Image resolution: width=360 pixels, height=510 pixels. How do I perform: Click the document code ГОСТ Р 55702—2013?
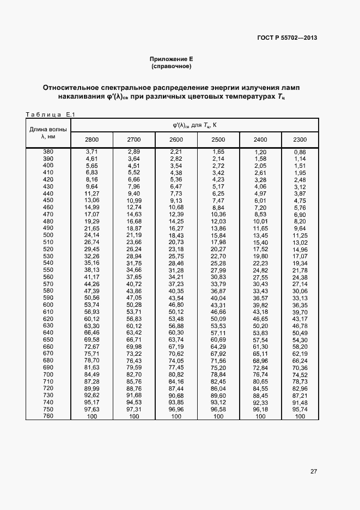(x=286, y=38)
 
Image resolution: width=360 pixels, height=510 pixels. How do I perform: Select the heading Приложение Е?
(x=172, y=59)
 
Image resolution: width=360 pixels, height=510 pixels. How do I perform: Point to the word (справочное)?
(x=172, y=66)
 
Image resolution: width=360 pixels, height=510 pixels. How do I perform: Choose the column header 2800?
(x=91, y=140)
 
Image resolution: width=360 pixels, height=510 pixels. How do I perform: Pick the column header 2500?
(x=218, y=140)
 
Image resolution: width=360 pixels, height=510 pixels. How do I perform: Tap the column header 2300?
(x=300, y=140)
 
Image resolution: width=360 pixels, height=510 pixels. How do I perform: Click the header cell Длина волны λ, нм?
(x=48, y=133)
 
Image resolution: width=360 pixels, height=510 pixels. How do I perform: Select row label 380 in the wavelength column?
(x=48, y=151)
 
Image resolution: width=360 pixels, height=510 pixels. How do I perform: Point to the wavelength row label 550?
(x=48, y=270)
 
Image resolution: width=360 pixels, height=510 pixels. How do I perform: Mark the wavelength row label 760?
(x=48, y=417)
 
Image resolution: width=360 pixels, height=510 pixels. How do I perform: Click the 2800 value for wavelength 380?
(x=91, y=151)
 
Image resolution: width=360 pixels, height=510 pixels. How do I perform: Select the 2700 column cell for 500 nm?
(x=134, y=235)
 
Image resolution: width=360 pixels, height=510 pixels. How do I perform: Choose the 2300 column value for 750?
(x=300, y=410)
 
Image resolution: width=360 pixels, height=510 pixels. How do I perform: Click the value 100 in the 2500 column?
(x=218, y=417)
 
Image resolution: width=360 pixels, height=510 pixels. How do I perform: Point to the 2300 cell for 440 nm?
(x=300, y=193)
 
